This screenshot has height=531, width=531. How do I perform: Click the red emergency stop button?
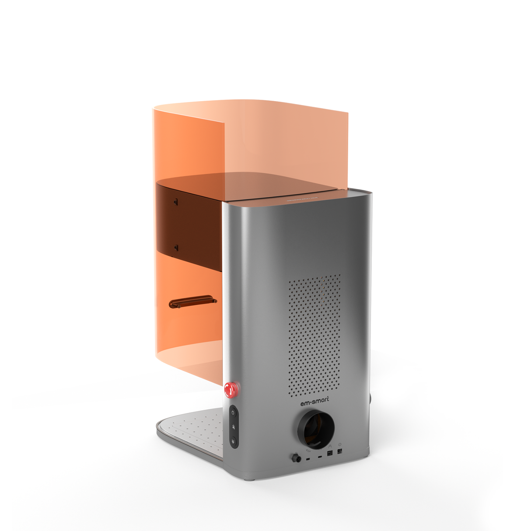coord(231,389)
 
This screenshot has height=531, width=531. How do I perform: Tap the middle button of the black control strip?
coord(234,427)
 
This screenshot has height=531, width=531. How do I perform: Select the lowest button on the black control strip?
coord(234,441)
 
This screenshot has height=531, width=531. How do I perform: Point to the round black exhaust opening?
coord(316,429)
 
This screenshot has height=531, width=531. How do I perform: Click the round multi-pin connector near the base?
coord(297,458)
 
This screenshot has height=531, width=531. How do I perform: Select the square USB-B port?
coord(330,453)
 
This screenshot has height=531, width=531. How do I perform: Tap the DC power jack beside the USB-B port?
coord(339,451)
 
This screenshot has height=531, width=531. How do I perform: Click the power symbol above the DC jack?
coord(339,444)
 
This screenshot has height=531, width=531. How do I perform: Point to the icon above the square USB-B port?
coord(330,446)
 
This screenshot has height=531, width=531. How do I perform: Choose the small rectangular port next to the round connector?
coord(308,459)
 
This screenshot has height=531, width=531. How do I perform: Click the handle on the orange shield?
coord(192,302)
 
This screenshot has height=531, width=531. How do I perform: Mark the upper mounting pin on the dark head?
coord(176,202)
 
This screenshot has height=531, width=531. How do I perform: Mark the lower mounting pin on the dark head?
coord(176,248)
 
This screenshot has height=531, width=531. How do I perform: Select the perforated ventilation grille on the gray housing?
coord(314,335)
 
